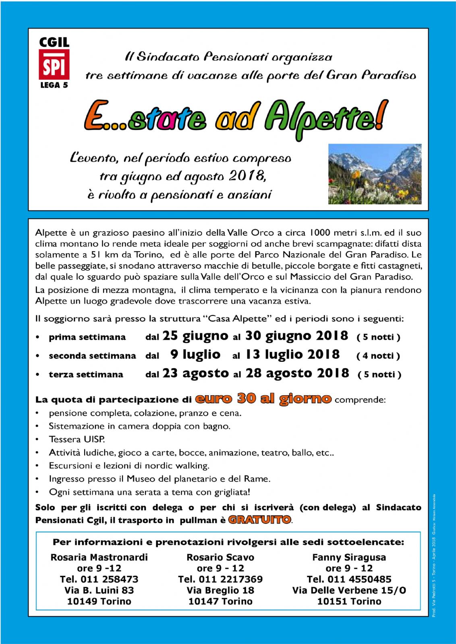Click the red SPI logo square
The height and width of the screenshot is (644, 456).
click(x=54, y=64)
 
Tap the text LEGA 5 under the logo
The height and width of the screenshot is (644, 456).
click(x=54, y=85)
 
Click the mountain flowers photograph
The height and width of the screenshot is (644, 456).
click(x=375, y=174)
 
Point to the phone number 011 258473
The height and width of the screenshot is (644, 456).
click(x=109, y=579)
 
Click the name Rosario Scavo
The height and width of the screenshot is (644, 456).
click(x=220, y=557)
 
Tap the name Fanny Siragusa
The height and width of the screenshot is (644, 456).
click(x=349, y=557)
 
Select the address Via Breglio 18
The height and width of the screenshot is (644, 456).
click(x=220, y=590)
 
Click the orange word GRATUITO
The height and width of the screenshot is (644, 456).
click(x=259, y=520)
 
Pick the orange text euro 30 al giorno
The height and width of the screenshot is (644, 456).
click(x=263, y=399)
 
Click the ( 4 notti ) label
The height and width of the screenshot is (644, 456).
click(x=378, y=356)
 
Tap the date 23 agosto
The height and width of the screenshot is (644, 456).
click(x=196, y=374)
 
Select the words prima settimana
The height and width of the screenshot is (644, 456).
click(x=87, y=337)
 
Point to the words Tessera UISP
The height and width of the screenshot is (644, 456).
click(x=77, y=439)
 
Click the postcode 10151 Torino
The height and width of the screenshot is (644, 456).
click(x=349, y=601)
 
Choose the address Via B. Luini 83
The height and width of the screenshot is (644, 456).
click(x=99, y=590)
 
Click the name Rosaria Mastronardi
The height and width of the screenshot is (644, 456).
click(x=99, y=557)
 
